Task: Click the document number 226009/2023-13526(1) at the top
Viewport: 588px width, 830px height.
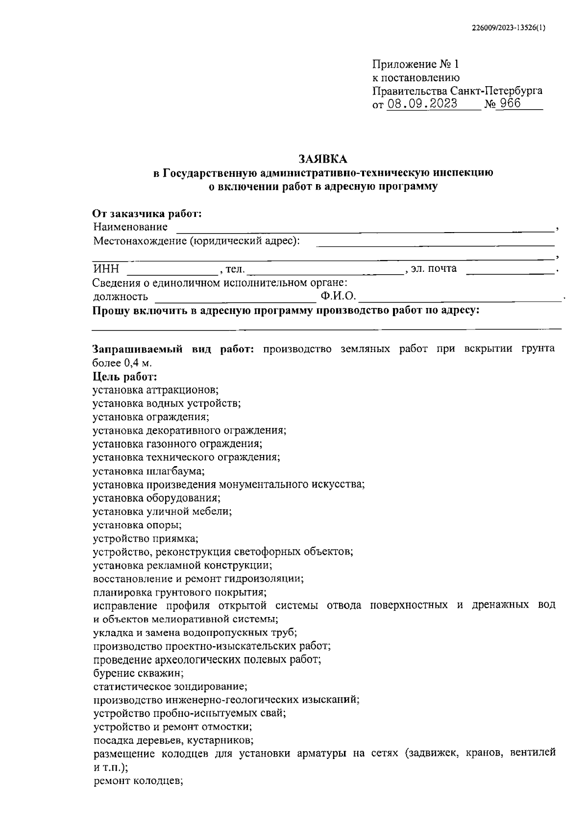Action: (508, 28)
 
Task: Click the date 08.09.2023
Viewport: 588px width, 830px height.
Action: (422, 104)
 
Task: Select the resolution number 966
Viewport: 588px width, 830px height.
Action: (510, 104)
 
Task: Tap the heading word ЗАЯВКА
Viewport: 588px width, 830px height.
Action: (323, 159)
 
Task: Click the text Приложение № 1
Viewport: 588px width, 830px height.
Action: (416, 64)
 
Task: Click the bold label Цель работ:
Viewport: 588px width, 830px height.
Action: (125, 377)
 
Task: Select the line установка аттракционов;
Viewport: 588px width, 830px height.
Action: (155, 390)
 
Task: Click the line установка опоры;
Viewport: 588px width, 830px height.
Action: (137, 524)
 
